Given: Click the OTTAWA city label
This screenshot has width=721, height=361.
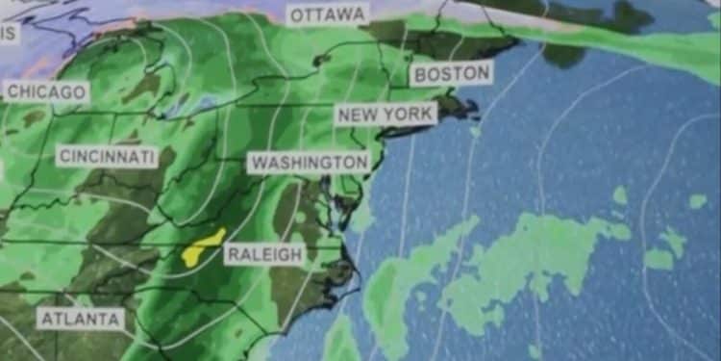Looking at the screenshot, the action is point(328,14).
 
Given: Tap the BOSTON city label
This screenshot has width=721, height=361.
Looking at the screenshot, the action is point(450,73).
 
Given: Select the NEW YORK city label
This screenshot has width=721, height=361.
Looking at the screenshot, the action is point(385,114).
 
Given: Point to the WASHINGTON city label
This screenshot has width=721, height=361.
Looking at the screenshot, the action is point(308,162).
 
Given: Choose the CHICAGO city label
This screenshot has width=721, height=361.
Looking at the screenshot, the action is point(47,92).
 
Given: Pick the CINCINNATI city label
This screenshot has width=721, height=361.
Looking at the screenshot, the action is point(107,156).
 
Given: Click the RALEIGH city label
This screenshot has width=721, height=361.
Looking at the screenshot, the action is point(264,255).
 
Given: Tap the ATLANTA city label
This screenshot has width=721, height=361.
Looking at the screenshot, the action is point(82,319).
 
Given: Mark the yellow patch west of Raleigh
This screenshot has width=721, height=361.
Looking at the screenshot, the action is point(204,246).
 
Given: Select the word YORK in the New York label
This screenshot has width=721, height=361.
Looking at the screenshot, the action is point(408,114).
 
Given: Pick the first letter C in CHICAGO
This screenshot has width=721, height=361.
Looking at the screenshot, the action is point(13,92).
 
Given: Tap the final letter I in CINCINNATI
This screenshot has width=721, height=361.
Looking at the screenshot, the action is point(151,156).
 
